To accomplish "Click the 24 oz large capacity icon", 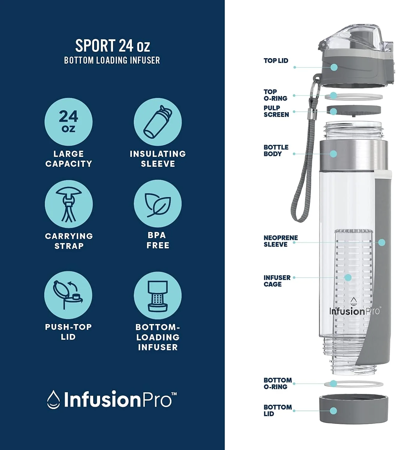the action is point(68,122).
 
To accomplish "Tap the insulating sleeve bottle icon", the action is point(158,122).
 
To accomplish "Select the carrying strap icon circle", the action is point(69,204).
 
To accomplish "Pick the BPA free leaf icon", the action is point(158,204).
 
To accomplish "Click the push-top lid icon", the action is point(68,295).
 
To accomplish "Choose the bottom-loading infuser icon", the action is point(158,295).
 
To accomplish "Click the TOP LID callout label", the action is point(276,61).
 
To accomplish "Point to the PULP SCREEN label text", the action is point(276,111).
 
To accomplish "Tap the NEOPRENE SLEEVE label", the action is point(281,241).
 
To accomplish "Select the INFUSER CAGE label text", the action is point(277,281).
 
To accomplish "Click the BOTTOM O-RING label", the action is point(278,383).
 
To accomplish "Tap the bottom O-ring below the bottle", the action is point(354,384).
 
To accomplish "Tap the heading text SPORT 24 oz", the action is point(112,46).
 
